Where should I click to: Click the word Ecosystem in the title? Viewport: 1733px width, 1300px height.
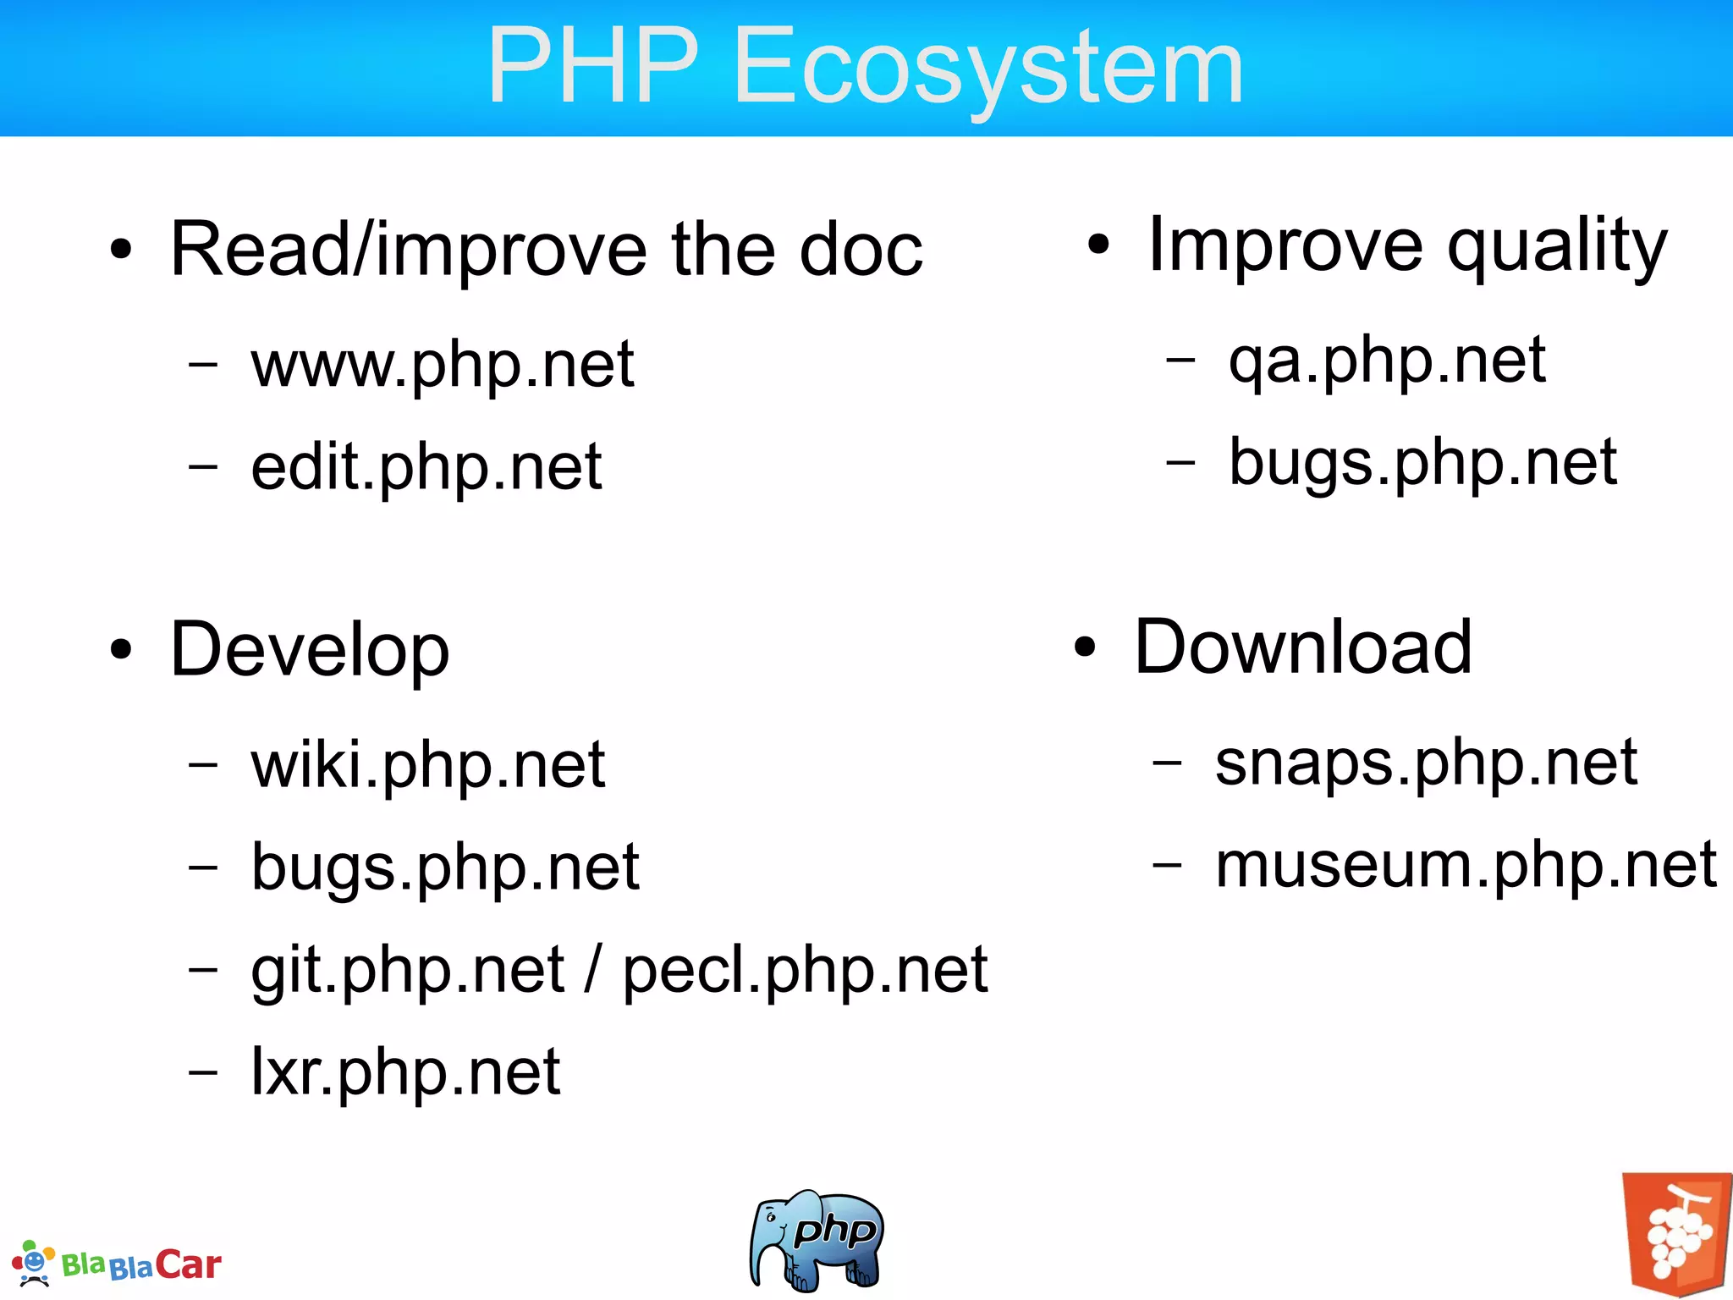click(988, 68)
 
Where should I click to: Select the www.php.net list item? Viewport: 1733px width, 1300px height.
click(442, 366)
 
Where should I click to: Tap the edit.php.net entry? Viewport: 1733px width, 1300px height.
click(426, 468)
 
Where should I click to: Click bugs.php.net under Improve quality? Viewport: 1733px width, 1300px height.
click(1422, 464)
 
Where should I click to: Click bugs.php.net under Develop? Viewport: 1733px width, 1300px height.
click(445, 868)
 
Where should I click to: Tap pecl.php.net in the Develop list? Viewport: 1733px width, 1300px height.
click(805, 971)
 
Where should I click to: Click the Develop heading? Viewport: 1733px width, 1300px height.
click(310, 650)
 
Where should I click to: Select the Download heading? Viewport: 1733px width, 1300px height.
click(1303, 647)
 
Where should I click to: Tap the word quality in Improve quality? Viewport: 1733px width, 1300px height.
click(1557, 247)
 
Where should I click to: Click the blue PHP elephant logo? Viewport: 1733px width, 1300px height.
click(816, 1240)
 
